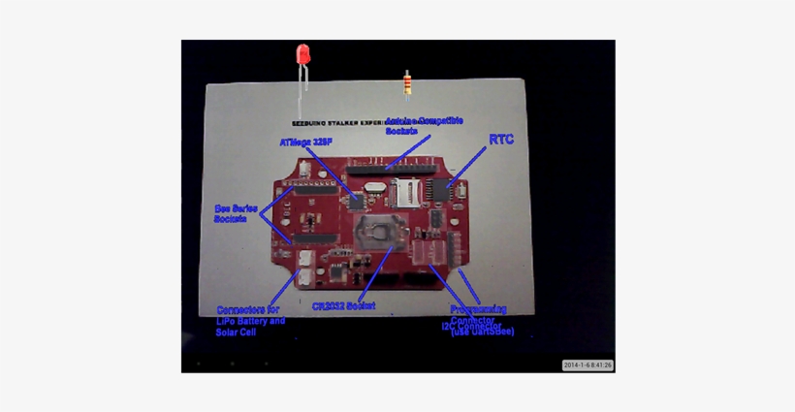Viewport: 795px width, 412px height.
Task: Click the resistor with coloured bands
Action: click(x=407, y=85)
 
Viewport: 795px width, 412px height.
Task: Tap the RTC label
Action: click(x=501, y=140)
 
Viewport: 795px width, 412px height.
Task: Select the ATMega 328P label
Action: click(x=305, y=142)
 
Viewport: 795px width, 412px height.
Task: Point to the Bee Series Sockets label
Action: click(x=236, y=213)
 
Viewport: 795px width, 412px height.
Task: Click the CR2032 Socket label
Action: click(x=343, y=305)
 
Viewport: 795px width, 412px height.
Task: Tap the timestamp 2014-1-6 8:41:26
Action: click(x=588, y=365)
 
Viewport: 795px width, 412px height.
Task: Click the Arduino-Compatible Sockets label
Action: click(x=424, y=125)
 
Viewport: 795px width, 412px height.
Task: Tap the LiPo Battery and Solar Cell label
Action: click(x=250, y=321)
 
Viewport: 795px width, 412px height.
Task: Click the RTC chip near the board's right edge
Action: click(x=441, y=189)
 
